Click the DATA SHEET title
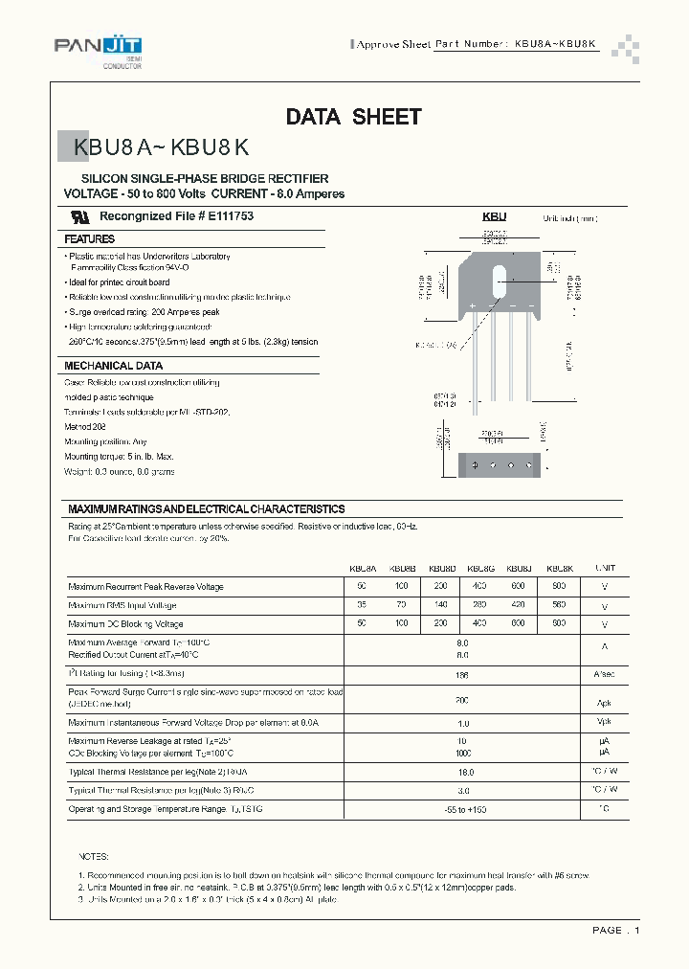353,117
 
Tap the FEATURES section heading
89,239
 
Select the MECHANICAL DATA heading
113,366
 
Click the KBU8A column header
362,568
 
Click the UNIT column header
605,568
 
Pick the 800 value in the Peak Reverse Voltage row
559,585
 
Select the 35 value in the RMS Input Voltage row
362,605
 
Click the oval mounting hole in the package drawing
499,284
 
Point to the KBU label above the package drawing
494,217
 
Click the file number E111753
231,217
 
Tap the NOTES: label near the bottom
94,856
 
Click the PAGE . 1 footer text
614,930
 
